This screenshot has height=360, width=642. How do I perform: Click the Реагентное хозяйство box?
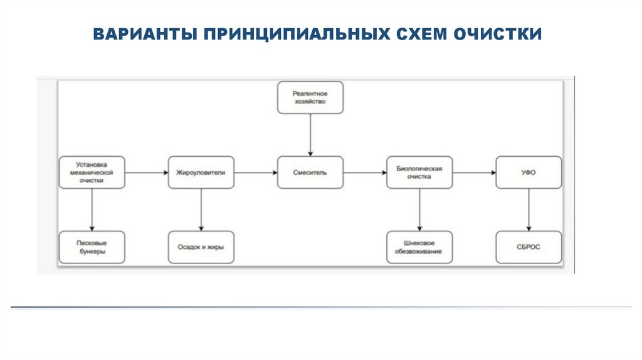(310, 97)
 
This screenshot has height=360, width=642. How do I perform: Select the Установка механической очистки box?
(92, 172)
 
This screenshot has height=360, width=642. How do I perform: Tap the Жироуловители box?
(201, 172)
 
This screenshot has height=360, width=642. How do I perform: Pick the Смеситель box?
(310, 172)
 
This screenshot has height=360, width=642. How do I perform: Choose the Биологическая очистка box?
(419, 172)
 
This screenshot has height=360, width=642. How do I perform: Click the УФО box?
(529, 172)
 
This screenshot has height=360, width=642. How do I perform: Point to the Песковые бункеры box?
(92, 247)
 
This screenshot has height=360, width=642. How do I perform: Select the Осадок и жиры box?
(201, 247)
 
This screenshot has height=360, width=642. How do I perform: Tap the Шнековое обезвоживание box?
(419, 247)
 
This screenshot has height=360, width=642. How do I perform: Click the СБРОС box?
(529, 247)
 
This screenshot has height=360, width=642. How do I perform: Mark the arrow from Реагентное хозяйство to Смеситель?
(310, 135)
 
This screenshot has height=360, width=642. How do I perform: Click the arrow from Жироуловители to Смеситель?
(256, 172)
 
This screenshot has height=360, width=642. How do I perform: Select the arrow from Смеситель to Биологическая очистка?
(366, 172)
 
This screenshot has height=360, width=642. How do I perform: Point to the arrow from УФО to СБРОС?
(529, 210)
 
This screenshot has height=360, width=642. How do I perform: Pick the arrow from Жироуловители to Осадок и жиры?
(201, 210)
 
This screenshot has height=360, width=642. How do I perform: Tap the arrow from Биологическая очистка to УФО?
(474, 172)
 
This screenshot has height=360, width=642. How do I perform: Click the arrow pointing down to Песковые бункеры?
(92, 210)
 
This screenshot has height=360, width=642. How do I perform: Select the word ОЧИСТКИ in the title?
(497, 34)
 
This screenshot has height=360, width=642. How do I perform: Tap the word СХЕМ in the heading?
(421, 34)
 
